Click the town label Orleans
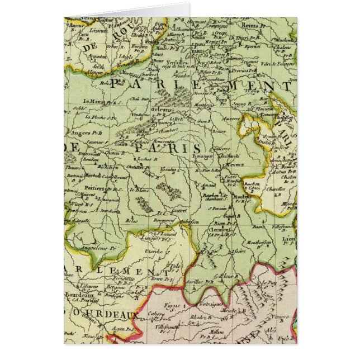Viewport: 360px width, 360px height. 162,110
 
